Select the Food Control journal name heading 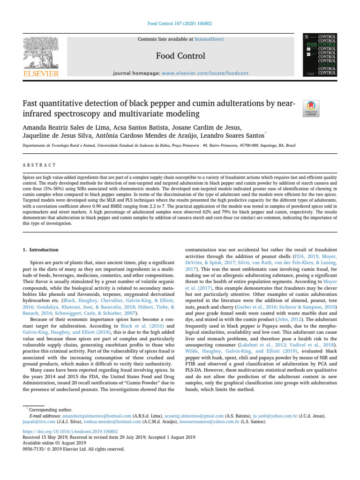coord(180,56)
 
